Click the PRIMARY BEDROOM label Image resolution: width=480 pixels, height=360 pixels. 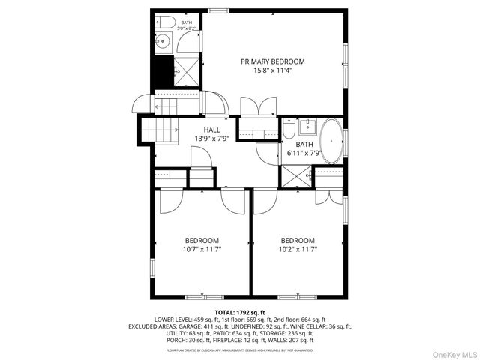coord(273,61)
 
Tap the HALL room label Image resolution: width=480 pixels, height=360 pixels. coord(212,130)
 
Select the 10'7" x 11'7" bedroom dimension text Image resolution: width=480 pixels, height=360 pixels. coord(202,249)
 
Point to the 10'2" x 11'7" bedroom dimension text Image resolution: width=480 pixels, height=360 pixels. coord(298,249)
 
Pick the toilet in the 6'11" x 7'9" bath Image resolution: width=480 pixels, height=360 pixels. coord(289,130)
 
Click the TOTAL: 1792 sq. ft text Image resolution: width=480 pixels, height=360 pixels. coord(240,312)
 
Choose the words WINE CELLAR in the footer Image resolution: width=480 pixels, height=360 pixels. coord(315,326)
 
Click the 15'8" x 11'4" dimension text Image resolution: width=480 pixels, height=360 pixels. coord(273,71)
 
